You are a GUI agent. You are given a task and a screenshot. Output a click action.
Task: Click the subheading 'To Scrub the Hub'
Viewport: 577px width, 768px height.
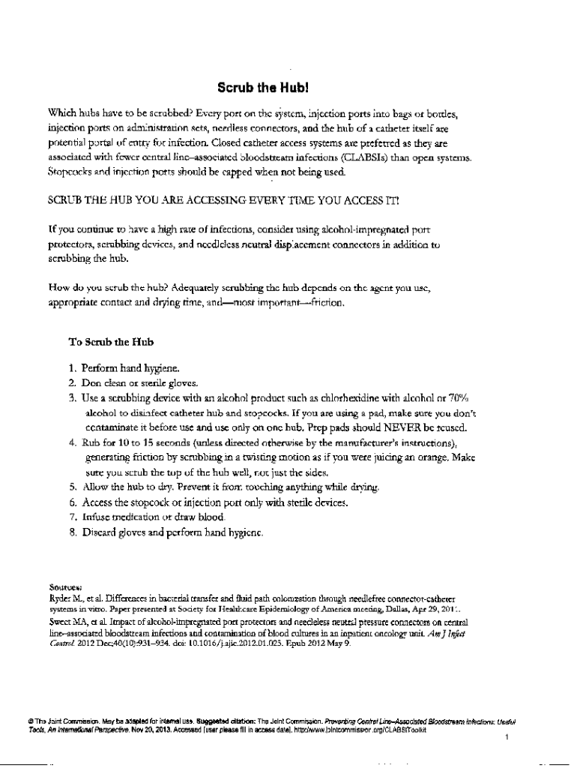click(111, 342)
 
